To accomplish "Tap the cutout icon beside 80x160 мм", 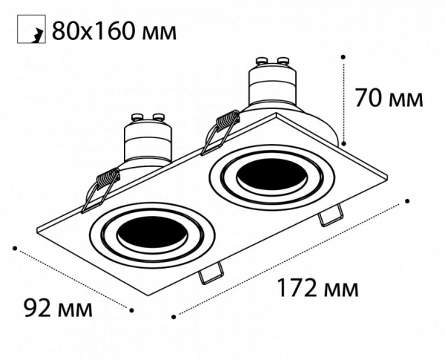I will click(x=30, y=30).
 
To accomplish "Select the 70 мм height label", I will click(x=389, y=97).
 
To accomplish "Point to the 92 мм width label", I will click(x=59, y=307).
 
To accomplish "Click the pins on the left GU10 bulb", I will click(x=145, y=118).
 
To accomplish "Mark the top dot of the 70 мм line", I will click(x=343, y=55).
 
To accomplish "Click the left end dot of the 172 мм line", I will click(x=174, y=316).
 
